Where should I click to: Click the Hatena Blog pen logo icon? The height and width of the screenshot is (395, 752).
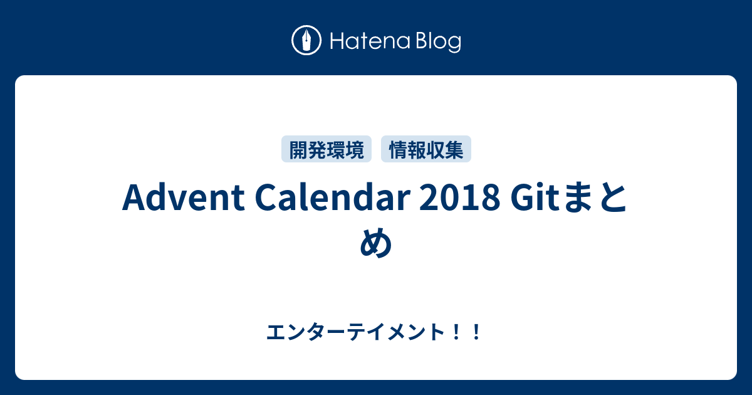click(x=306, y=41)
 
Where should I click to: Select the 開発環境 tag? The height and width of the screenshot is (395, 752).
click(x=326, y=149)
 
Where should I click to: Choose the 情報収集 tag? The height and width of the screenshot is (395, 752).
click(x=426, y=149)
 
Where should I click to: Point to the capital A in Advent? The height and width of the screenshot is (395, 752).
click(x=133, y=199)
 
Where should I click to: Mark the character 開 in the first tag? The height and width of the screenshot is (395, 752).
click(x=298, y=149)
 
